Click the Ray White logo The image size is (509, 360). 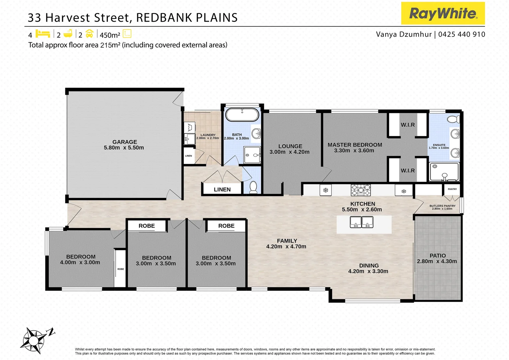(x=443, y=13)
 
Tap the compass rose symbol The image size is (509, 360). (x=34, y=340)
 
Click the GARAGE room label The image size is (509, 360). (x=124, y=142)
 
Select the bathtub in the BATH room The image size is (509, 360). (x=242, y=115)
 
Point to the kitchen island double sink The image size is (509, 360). (x=361, y=222)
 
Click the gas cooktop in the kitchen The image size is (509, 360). (x=360, y=190)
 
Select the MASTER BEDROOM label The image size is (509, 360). (x=355, y=145)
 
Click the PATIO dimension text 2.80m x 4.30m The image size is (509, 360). (x=437, y=261)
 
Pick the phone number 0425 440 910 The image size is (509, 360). (x=462, y=34)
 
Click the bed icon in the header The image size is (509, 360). (x=43, y=34)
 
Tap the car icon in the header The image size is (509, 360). (x=89, y=34)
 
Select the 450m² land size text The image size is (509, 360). (x=110, y=35)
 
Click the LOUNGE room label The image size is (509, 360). (x=290, y=146)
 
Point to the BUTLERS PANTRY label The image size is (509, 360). (x=442, y=206)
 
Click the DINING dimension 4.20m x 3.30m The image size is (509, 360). (x=368, y=271)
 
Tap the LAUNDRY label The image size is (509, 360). (x=208, y=135)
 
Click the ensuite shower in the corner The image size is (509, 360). (x=444, y=172)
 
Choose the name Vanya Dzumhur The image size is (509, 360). (x=403, y=34)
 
